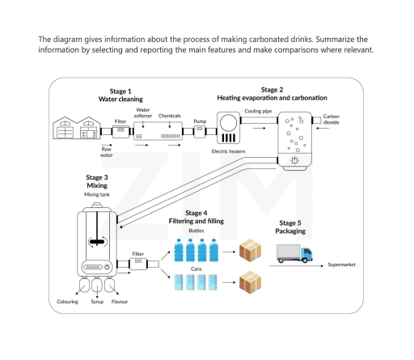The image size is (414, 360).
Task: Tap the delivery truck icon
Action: click(295, 254)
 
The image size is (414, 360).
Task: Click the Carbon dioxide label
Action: click(332, 119)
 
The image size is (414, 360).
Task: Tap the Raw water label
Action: click(106, 151)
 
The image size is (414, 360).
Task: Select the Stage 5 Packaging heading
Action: click(292, 227)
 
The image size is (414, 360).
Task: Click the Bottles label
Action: click(196, 231)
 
